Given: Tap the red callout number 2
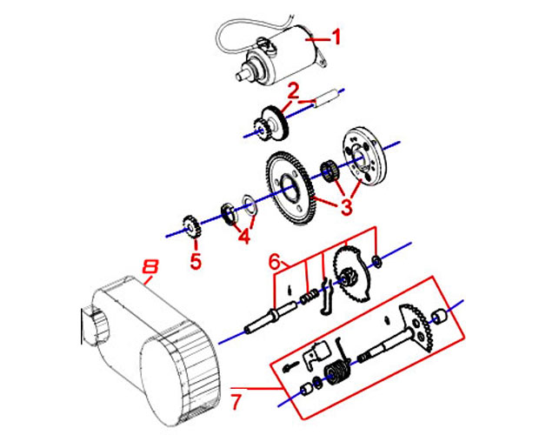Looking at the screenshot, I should pos(294,90).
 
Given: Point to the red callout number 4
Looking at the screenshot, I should pos(243,234).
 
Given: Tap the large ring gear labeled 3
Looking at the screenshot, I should pos(290,184).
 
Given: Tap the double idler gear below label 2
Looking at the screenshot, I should pos(271,123).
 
